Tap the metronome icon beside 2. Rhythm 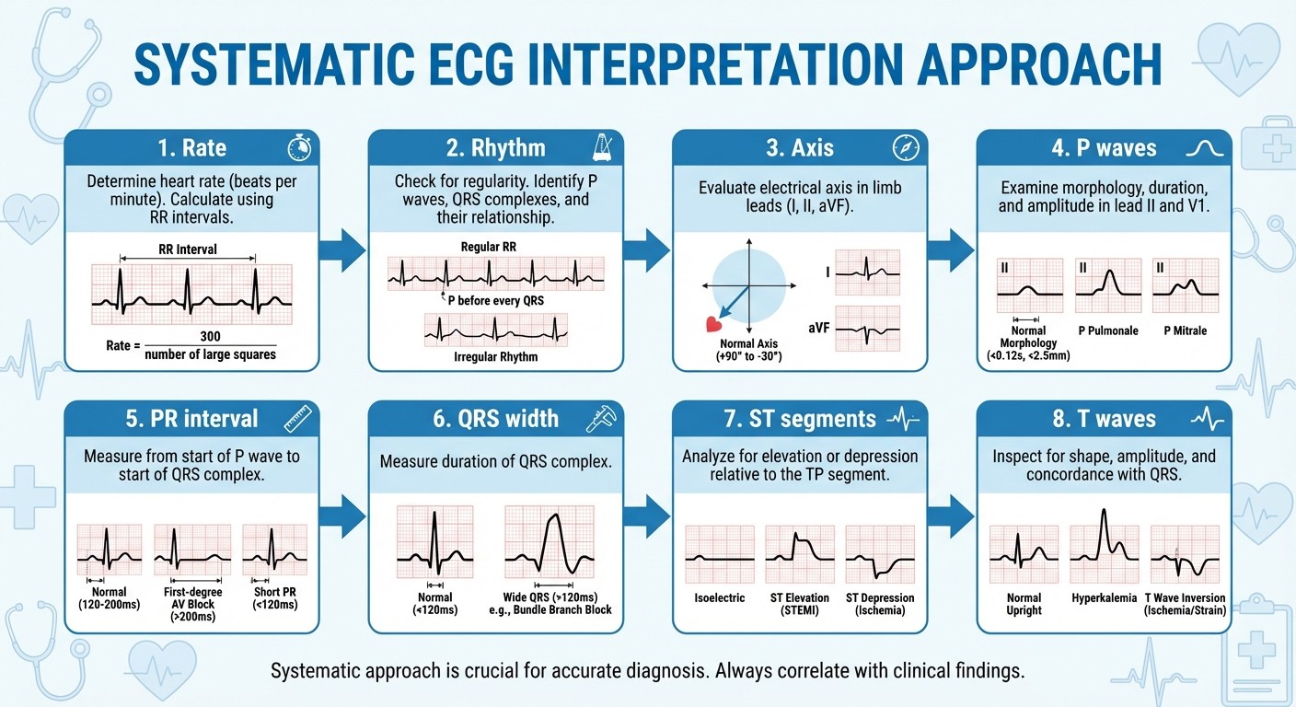point(602,148)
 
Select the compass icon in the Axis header point(906,148)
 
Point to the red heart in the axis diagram point(712,324)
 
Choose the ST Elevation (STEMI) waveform point(800,555)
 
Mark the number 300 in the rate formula point(210,337)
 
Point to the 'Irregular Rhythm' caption point(495,357)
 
